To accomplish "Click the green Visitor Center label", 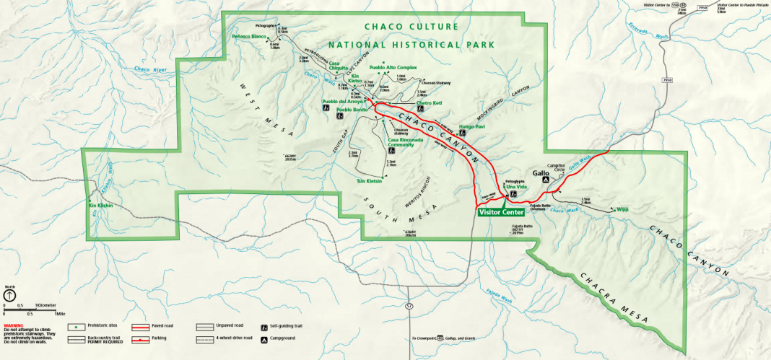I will (x=500, y=212).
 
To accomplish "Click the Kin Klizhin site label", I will (x=101, y=206).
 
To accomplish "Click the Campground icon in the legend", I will (x=264, y=338).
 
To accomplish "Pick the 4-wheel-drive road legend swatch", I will (x=205, y=338).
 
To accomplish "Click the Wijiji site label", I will (x=622, y=210).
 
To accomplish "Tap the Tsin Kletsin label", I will (x=368, y=181).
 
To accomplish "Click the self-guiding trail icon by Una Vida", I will (x=513, y=193).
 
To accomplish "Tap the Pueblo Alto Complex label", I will (x=393, y=67).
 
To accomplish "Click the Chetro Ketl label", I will (x=429, y=102).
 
